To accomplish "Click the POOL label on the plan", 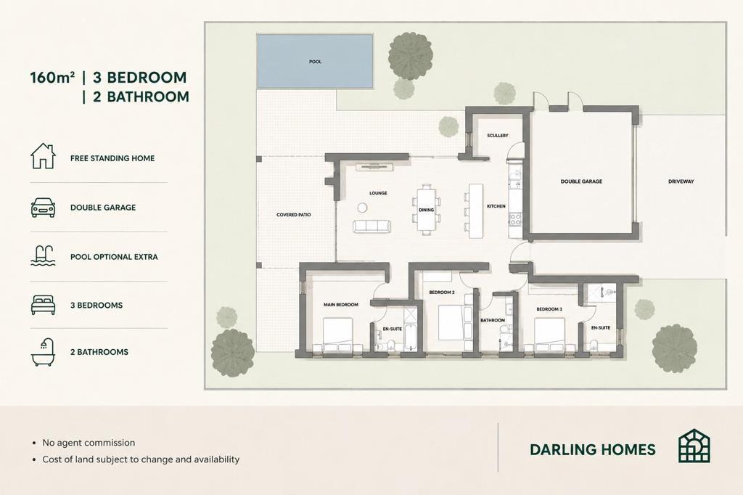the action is [x=315, y=62].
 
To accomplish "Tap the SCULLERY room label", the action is [x=498, y=136].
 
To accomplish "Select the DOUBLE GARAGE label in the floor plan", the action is [x=581, y=181].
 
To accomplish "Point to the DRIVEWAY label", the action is [x=681, y=181].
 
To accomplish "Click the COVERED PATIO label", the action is [x=294, y=215].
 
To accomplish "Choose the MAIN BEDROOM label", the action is [x=341, y=305].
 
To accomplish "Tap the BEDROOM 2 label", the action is [x=442, y=292].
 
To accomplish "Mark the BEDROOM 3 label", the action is [x=549, y=309].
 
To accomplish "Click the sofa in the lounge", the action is [x=371, y=226].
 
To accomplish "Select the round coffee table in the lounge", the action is [x=363, y=208].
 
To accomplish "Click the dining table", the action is [x=426, y=210].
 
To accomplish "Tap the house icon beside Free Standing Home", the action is [x=43, y=156].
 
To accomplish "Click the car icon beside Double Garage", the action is [x=43, y=208].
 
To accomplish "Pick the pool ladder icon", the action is [x=43, y=255].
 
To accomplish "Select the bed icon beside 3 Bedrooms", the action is [x=43, y=305].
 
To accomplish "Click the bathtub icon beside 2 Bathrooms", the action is [x=43, y=352].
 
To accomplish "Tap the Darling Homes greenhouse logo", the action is [x=694, y=446].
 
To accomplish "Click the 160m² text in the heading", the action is [x=52, y=77].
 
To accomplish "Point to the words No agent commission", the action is [x=89, y=443].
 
